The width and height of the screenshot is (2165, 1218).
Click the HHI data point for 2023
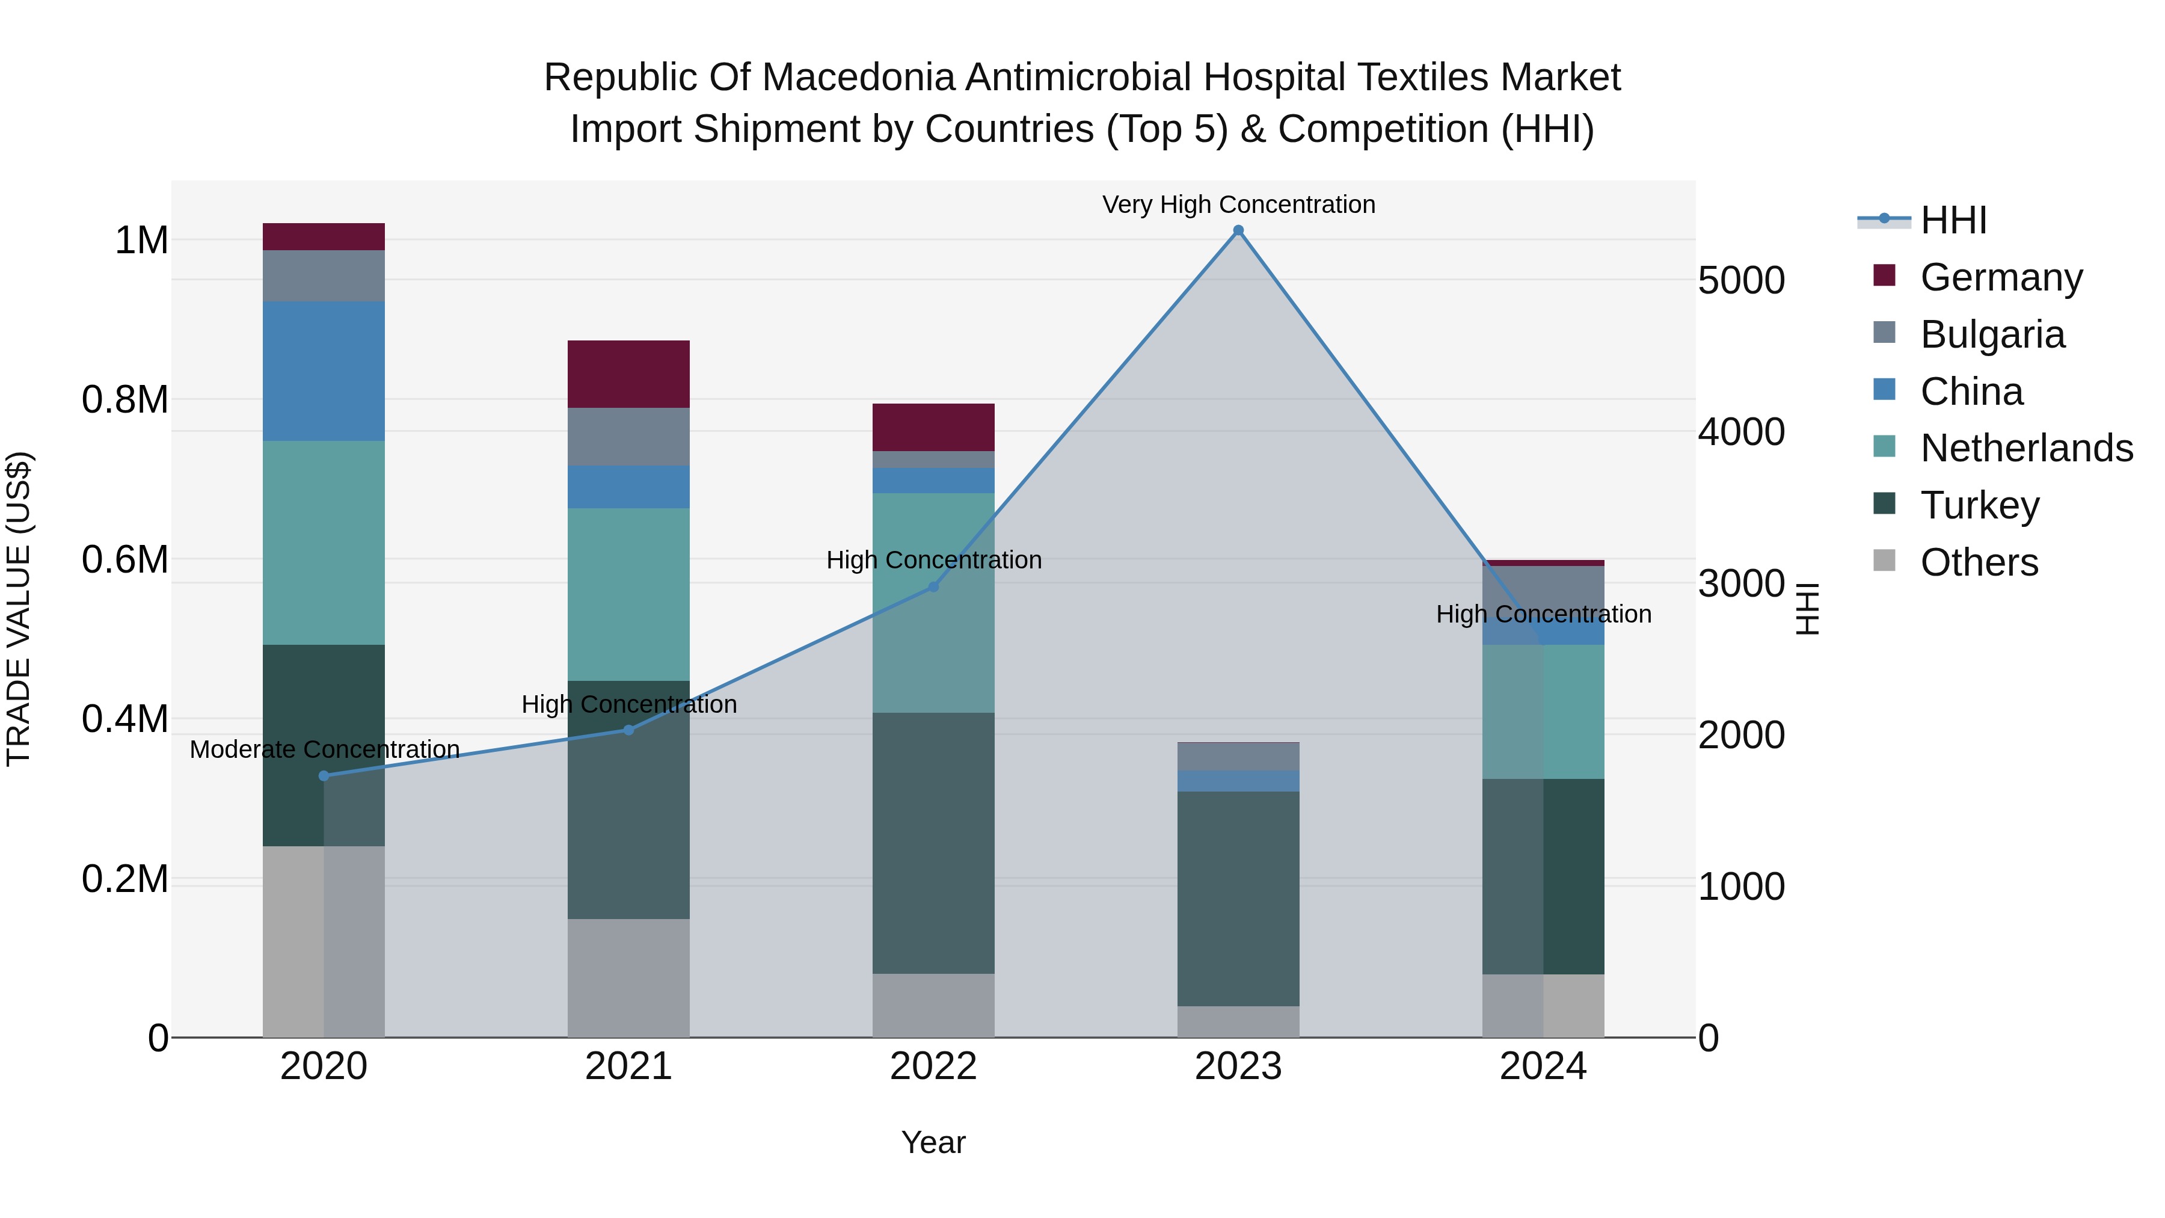point(1238,230)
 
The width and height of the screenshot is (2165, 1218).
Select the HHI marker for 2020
point(324,776)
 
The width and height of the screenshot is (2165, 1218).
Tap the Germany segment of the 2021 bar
point(628,374)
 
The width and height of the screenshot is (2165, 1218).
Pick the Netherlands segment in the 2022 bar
point(933,602)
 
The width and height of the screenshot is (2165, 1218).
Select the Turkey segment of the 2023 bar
point(1238,898)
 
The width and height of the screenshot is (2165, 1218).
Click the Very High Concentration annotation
point(1238,205)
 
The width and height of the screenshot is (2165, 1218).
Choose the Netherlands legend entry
point(2025,448)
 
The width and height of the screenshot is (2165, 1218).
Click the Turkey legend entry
point(1979,505)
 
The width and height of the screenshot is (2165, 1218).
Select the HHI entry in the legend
point(1952,220)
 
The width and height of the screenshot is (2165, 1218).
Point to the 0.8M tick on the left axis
point(125,400)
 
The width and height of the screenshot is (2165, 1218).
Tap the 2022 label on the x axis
point(933,1066)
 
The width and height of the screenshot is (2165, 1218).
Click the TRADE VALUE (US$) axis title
point(19,609)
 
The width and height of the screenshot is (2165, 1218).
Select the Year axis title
point(933,1142)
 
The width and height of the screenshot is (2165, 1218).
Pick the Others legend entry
point(1979,562)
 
